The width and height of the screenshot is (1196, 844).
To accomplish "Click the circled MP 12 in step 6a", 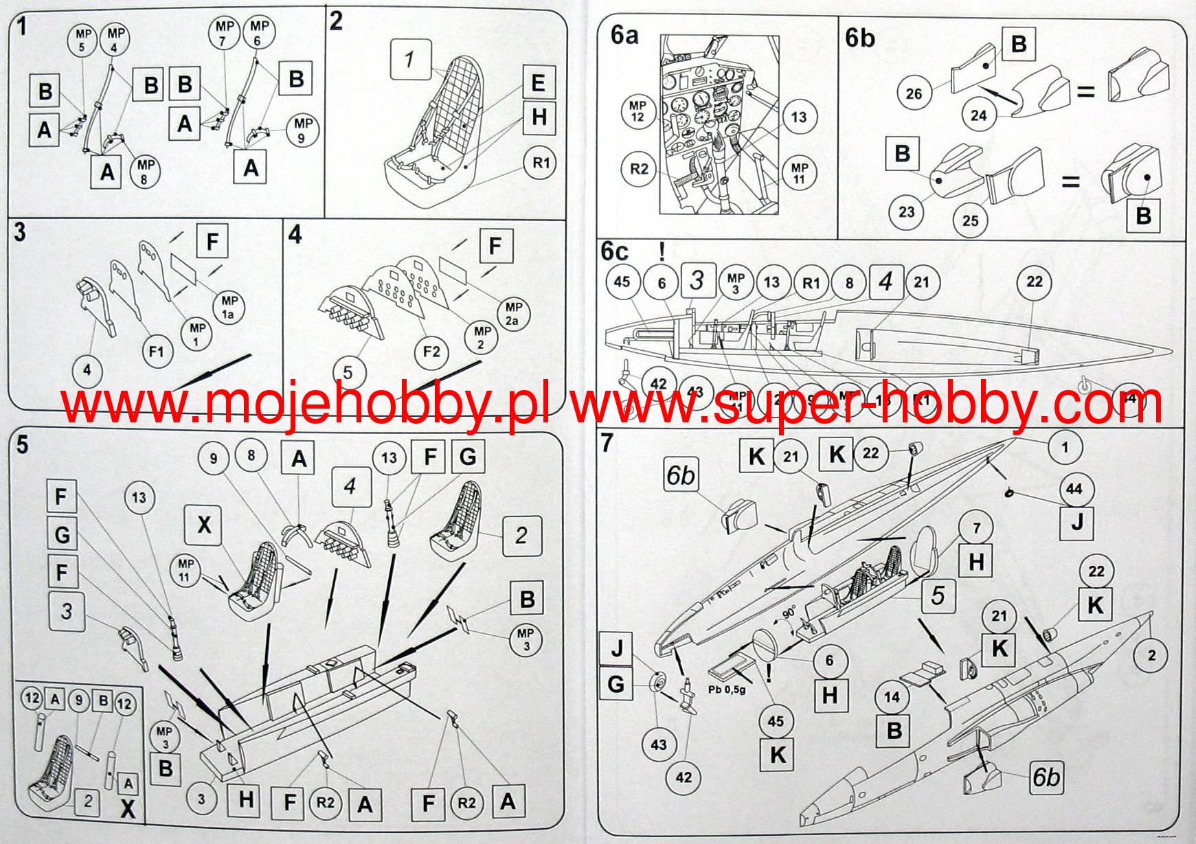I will click(638, 111).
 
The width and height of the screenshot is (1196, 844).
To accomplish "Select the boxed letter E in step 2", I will click(538, 83).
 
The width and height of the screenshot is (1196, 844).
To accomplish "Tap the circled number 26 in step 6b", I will click(914, 93).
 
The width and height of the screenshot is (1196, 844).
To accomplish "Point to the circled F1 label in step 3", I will click(157, 352).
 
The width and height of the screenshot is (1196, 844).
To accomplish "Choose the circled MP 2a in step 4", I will click(513, 314).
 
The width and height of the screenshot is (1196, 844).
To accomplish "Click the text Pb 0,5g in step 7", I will click(726, 689).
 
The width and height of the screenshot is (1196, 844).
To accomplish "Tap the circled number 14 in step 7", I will click(891, 697).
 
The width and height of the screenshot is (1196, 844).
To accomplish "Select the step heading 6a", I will click(624, 35).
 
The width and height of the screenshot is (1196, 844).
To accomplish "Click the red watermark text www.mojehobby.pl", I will click(305, 404).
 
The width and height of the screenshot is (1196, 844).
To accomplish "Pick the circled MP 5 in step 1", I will click(83, 40).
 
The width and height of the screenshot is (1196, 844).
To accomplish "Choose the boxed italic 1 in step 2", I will click(409, 60).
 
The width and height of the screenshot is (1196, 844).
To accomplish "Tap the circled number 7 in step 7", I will click(976, 528).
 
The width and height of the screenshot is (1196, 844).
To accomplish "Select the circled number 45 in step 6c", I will click(622, 282).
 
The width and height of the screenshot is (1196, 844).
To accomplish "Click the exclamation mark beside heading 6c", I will click(662, 251).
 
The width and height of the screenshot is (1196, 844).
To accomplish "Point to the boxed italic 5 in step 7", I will click(938, 595).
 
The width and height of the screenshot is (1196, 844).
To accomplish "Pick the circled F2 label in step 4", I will click(431, 352).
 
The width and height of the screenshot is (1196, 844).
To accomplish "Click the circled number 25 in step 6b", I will click(970, 220).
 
